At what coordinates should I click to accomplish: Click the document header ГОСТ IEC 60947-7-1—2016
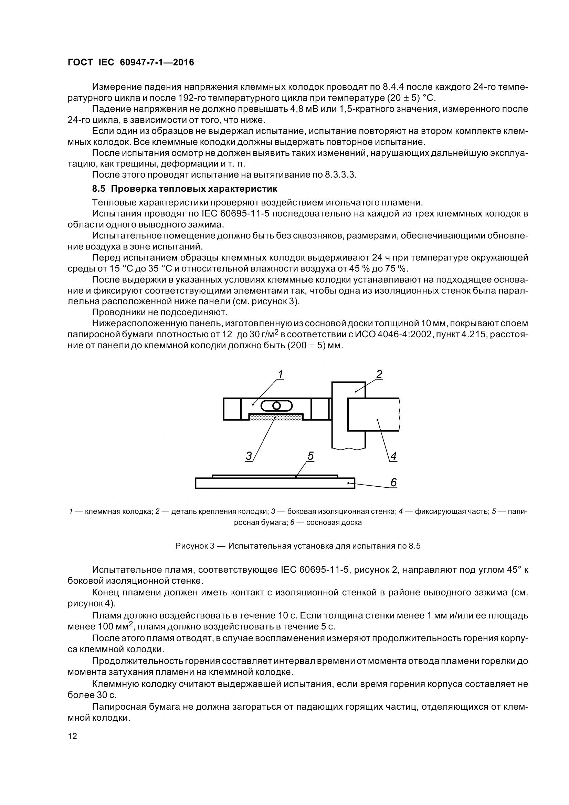tap(131, 62)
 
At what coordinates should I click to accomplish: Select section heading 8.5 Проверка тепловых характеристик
tap(185, 189)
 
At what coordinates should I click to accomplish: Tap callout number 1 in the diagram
tap(281, 375)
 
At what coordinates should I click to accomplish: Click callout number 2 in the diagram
tap(379, 374)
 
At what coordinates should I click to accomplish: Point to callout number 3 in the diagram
tap(249, 456)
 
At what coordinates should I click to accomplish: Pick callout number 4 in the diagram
tap(393, 456)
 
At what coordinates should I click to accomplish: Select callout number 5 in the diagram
tap(310, 456)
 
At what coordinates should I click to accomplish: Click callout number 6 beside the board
tap(393, 483)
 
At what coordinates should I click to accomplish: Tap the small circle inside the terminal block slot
tap(276, 406)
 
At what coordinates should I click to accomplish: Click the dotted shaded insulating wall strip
tap(276, 416)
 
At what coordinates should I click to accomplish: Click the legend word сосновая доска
tap(334, 522)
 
